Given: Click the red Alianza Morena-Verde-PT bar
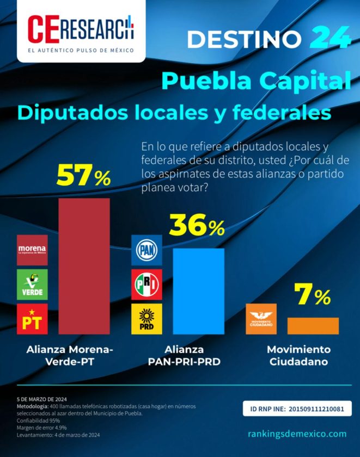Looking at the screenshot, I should click(x=84, y=266).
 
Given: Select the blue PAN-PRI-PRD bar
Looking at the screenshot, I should click(x=198, y=291).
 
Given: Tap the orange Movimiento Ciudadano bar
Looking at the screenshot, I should click(x=313, y=325).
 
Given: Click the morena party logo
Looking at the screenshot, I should click(x=32, y=250).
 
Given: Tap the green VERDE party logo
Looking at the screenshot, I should click(x=32, y=284).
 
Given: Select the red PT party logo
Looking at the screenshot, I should click(x=32, y=319).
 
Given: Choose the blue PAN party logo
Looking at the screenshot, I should click(x=147, y=250).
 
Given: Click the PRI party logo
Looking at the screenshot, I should click(x=147, y=284).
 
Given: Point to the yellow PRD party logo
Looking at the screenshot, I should click(x=147, y=319).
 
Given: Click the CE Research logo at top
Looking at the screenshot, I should click(x=81, y=32).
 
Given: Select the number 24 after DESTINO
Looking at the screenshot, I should click(x=330, y=38).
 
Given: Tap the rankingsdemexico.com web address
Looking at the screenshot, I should click(x=297, y=433).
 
